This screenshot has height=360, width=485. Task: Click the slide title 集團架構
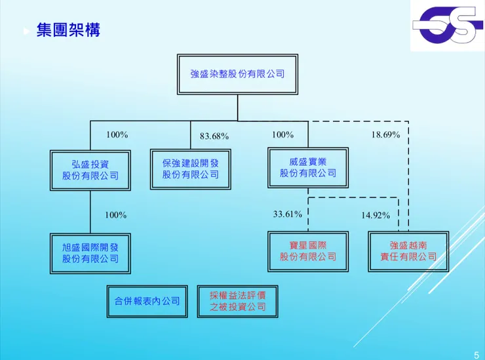tap(68, 30)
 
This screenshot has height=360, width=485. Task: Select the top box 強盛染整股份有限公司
tap(237, 75)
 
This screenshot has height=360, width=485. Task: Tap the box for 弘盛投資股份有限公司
tap(90, 170)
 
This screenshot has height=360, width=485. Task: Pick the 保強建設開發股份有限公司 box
tap(191, 169)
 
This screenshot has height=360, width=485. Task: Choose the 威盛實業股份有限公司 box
tap(307, 168)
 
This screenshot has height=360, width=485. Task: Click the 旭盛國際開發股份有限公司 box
tap(90, 252)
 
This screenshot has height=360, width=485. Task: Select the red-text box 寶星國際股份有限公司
tap(307, 251)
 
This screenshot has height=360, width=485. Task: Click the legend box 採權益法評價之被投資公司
tap(238, 301)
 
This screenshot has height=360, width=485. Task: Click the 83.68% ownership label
tap(214, 136)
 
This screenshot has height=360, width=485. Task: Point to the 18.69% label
tap(386, 134)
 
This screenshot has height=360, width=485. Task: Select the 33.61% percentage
tap(288, 214)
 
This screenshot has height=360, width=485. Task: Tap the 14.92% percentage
tap(376, 215)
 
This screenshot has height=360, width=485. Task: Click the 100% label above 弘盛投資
tap(117, 134)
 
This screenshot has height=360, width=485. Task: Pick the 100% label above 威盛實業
tap(282, 134)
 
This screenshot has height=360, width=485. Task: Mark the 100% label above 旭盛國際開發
tap(116, 215)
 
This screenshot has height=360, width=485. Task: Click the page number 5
tap(476, 355)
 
